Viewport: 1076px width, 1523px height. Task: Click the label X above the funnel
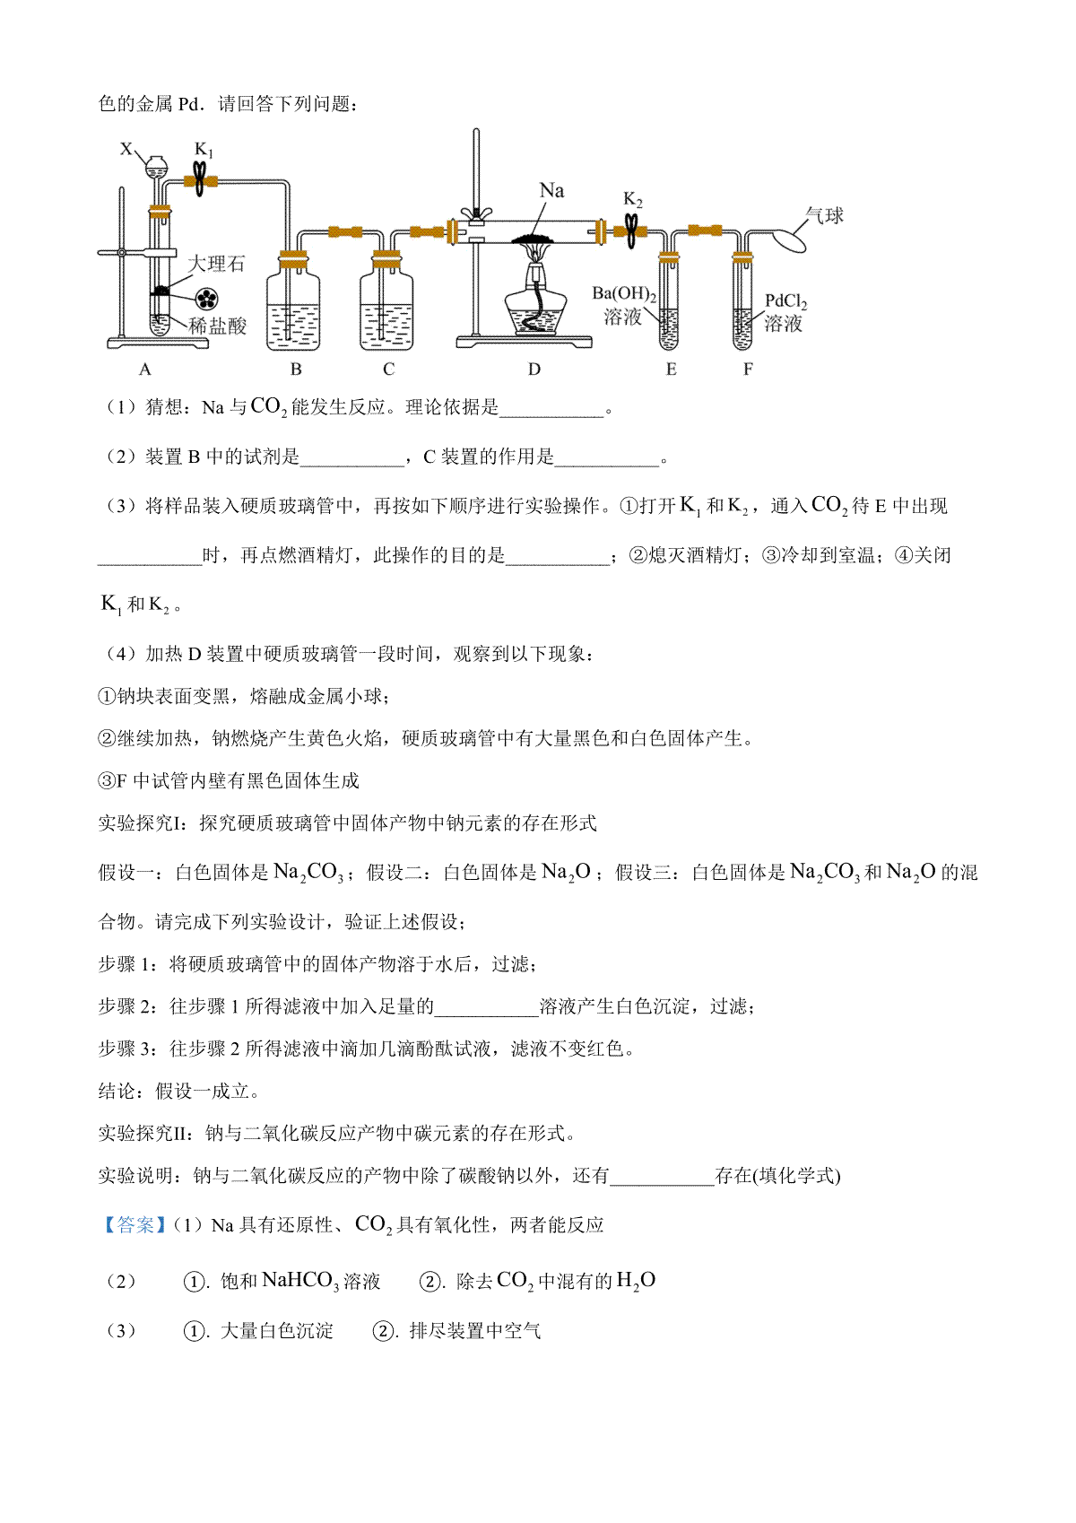(126, 149)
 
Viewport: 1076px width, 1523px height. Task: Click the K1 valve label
(204, 150)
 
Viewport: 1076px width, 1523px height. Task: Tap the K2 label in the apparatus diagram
(632, 199)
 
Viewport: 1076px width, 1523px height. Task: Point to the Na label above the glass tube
(552, 190)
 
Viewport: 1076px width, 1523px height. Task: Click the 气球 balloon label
(825, 215)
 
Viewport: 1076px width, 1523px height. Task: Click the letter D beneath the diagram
(534, 370)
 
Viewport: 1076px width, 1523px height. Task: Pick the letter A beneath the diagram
(144, 370)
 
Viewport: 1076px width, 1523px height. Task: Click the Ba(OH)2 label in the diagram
(624, 294)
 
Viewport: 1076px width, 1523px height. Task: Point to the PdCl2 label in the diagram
(785, 301)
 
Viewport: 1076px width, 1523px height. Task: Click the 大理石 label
(215, 264)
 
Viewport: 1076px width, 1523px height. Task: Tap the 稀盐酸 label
(218, 326)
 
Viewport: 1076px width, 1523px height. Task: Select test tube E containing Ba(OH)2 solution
(669, 302)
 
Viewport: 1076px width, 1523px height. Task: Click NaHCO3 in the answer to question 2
(300, 1281)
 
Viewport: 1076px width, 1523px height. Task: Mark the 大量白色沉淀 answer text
(277, 1330)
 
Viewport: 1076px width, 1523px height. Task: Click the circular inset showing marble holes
(206, 299)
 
